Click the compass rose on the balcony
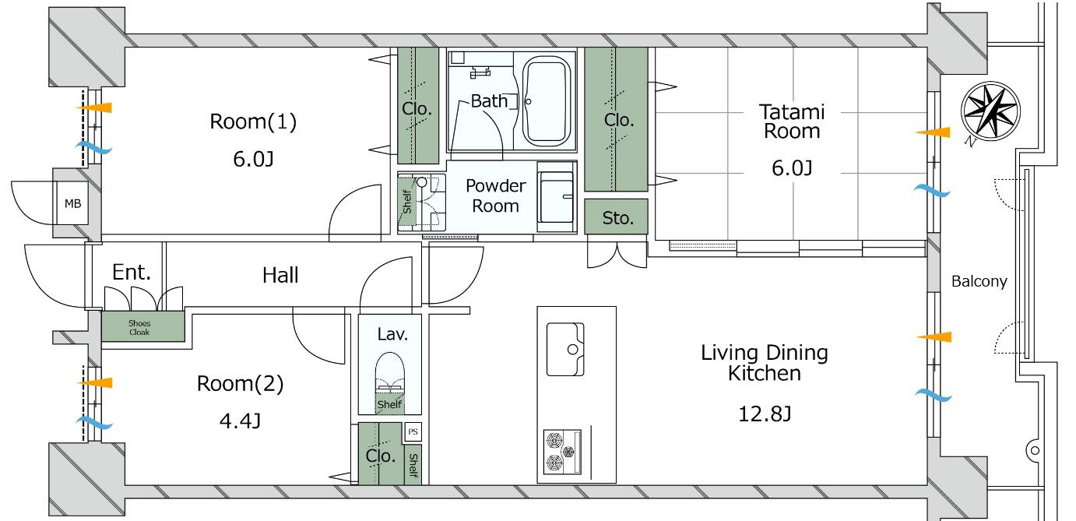(990, 111)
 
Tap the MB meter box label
(73, 204)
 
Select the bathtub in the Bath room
(546, 101)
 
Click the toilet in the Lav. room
(390, 374)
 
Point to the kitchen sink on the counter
(565, 350)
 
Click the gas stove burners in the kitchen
(562, 452)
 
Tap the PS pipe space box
(413, 431)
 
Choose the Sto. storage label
(617, 218)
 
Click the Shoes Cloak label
(139, 327)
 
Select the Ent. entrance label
(132, 273)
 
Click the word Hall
(280, 276)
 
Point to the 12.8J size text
(765, 414)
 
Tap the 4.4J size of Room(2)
(240, 421)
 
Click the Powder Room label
(496, 195)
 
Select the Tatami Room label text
(792, 121)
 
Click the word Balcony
(979, 281)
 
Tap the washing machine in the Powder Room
(557, 197)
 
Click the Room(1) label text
(253, 121)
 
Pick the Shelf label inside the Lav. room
(389, 404)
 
